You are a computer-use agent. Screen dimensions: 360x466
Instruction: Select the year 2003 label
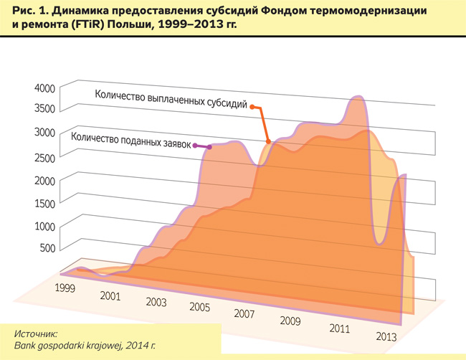(x=156, y=301)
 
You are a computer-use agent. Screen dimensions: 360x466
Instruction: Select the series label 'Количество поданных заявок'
(x=132, y=138)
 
